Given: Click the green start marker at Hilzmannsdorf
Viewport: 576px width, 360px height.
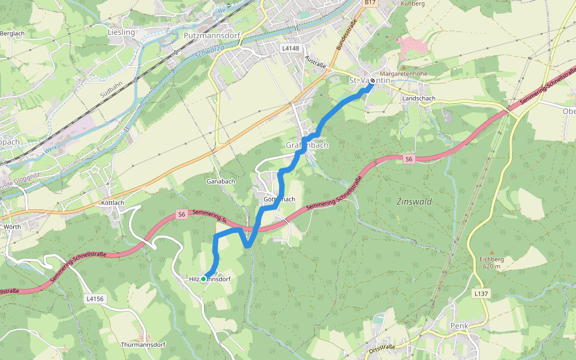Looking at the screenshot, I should [203, 279].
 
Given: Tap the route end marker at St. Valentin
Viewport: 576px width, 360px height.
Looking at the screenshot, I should [373, 80].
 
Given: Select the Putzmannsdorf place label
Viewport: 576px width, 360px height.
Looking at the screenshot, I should [212, 35].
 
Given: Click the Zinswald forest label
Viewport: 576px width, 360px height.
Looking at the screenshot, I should [414, 202].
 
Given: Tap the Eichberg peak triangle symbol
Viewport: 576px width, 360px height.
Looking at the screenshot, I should [491, 253].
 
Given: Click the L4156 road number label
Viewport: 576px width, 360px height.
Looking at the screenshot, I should [95, 298].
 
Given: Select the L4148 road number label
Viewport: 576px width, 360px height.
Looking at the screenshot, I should [290, 47].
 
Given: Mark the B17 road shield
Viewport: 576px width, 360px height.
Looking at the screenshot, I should [370, 3].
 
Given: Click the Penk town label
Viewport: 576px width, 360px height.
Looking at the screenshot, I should [458, 326].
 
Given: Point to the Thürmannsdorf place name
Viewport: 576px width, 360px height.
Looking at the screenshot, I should [143, 344].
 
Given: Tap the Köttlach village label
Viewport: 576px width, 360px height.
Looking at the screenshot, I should [112, 203].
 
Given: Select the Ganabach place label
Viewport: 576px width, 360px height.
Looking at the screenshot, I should [220, 181].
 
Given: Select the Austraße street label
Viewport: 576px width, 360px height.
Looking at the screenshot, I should [316, 61].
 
